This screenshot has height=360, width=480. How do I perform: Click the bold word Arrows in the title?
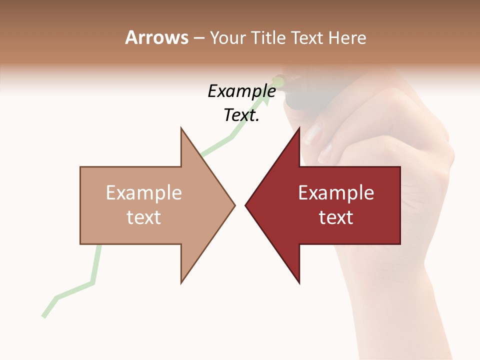pyautogui.click(x=156, y=38)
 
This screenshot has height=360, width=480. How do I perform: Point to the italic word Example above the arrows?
pyautogui.click(x=241, y=91)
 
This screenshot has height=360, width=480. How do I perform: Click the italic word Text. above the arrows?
pyautogui.click(x=241, y=115)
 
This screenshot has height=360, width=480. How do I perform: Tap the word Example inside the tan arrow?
pyautogui.click(x=143, y=193)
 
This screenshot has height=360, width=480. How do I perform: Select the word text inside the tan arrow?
pyautogui.click(x=143, y=217)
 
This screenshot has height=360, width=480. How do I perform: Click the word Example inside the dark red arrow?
pyautogui.click(x=336, y=193)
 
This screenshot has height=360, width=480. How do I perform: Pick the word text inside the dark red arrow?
pyautogui.click(x=336, y=217)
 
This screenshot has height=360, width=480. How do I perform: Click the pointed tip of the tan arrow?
pyautogui.click(x=234, y=205)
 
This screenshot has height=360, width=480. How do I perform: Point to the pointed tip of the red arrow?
pyautogui.click(x=246, y=205)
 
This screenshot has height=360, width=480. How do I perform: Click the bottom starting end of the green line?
pyautogui.click(x=44, y=316)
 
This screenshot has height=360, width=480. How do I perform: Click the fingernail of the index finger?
pyautogui.click(x=313, y=134)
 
